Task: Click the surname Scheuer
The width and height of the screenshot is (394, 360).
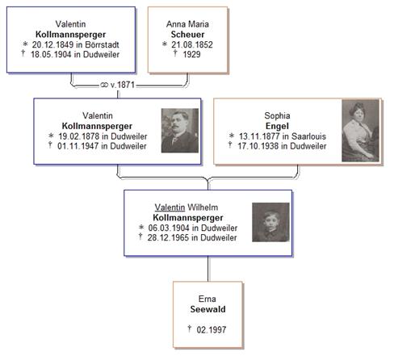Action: click(x=187, y=35)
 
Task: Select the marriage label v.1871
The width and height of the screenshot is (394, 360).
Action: click(x=122, y=85)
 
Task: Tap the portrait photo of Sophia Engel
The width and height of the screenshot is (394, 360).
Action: click(x=360, y=131)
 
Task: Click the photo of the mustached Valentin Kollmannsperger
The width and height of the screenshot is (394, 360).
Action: click(x=180, y=131)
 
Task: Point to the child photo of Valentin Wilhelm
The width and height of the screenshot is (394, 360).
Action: click(x=270, y=222)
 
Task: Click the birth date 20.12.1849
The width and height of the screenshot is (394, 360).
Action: click(x=52, y=44)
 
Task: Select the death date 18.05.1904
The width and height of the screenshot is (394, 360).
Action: click(x=51, y=54)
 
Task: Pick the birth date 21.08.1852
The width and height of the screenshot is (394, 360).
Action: click(x=192, y=44)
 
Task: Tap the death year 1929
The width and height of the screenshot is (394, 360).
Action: click(x=191, y=54)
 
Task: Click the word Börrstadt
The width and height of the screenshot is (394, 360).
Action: click(x=102, y=44)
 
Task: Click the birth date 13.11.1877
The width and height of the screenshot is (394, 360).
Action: click(x=259, y=136)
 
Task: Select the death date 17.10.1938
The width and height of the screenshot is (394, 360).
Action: click(x=258, y=146)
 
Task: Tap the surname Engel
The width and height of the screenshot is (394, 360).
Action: click(x=277, y=126)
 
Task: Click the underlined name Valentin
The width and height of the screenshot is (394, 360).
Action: click(x=170, y=207)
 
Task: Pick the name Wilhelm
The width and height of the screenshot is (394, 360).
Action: click(x=203, y=207)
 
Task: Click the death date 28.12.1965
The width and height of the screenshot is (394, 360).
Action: click(x=168, y=237)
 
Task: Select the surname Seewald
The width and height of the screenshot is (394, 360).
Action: click(x=207, y=309)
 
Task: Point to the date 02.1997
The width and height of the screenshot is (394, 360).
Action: click(x=212, y=329)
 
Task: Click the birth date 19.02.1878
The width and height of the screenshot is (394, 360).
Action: click(x=79, y=136)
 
